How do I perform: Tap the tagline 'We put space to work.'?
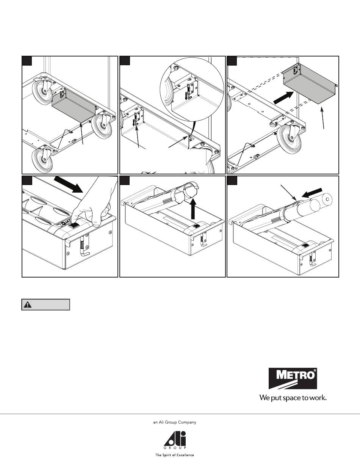293,398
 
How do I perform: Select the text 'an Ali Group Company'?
175,422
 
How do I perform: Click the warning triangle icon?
27,305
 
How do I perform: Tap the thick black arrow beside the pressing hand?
68,184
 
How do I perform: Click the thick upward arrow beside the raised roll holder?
193,208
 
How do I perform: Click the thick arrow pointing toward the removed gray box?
283,97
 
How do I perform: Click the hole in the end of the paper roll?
327,199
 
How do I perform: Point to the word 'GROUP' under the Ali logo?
175,448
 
